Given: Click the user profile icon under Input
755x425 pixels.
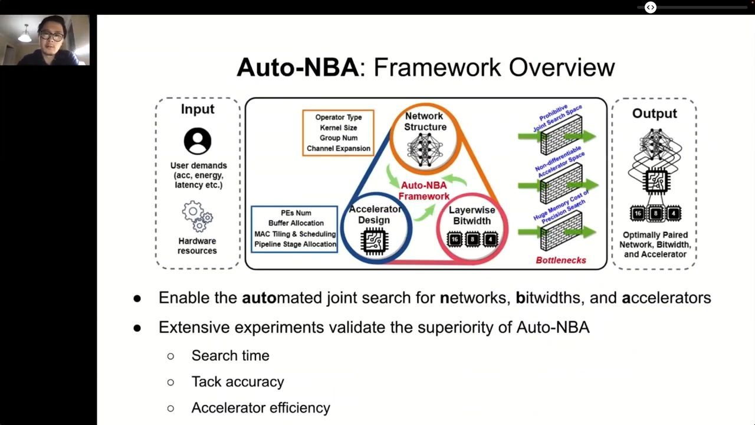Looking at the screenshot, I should [x=198, y=141].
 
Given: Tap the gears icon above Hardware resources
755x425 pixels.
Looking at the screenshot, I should [x=198, y=217].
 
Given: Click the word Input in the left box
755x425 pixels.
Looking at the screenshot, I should [x=198, y=109].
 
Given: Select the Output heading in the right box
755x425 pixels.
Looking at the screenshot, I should [x=654, y=113].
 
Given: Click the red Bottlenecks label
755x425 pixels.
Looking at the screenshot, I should [x=560, y=260].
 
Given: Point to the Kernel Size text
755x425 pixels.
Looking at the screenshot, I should [x=338, y=127].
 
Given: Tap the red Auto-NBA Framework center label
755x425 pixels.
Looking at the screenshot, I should [x=424, y=191].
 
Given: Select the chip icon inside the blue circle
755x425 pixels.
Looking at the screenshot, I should [x=373, y=241].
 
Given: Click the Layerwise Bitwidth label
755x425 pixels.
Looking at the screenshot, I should [x=472, y=215].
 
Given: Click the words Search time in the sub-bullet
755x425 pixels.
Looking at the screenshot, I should [x=230, y=355].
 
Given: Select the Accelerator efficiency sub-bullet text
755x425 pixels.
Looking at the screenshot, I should [x=260, y=407].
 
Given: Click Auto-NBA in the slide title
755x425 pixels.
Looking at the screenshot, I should [x=297, y=67].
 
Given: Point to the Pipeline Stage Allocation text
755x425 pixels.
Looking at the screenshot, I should [x=295, y=244].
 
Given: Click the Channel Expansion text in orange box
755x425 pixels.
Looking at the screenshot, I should [x=338, y=149].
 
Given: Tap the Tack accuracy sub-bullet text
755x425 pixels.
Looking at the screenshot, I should [x=237, y=381].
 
